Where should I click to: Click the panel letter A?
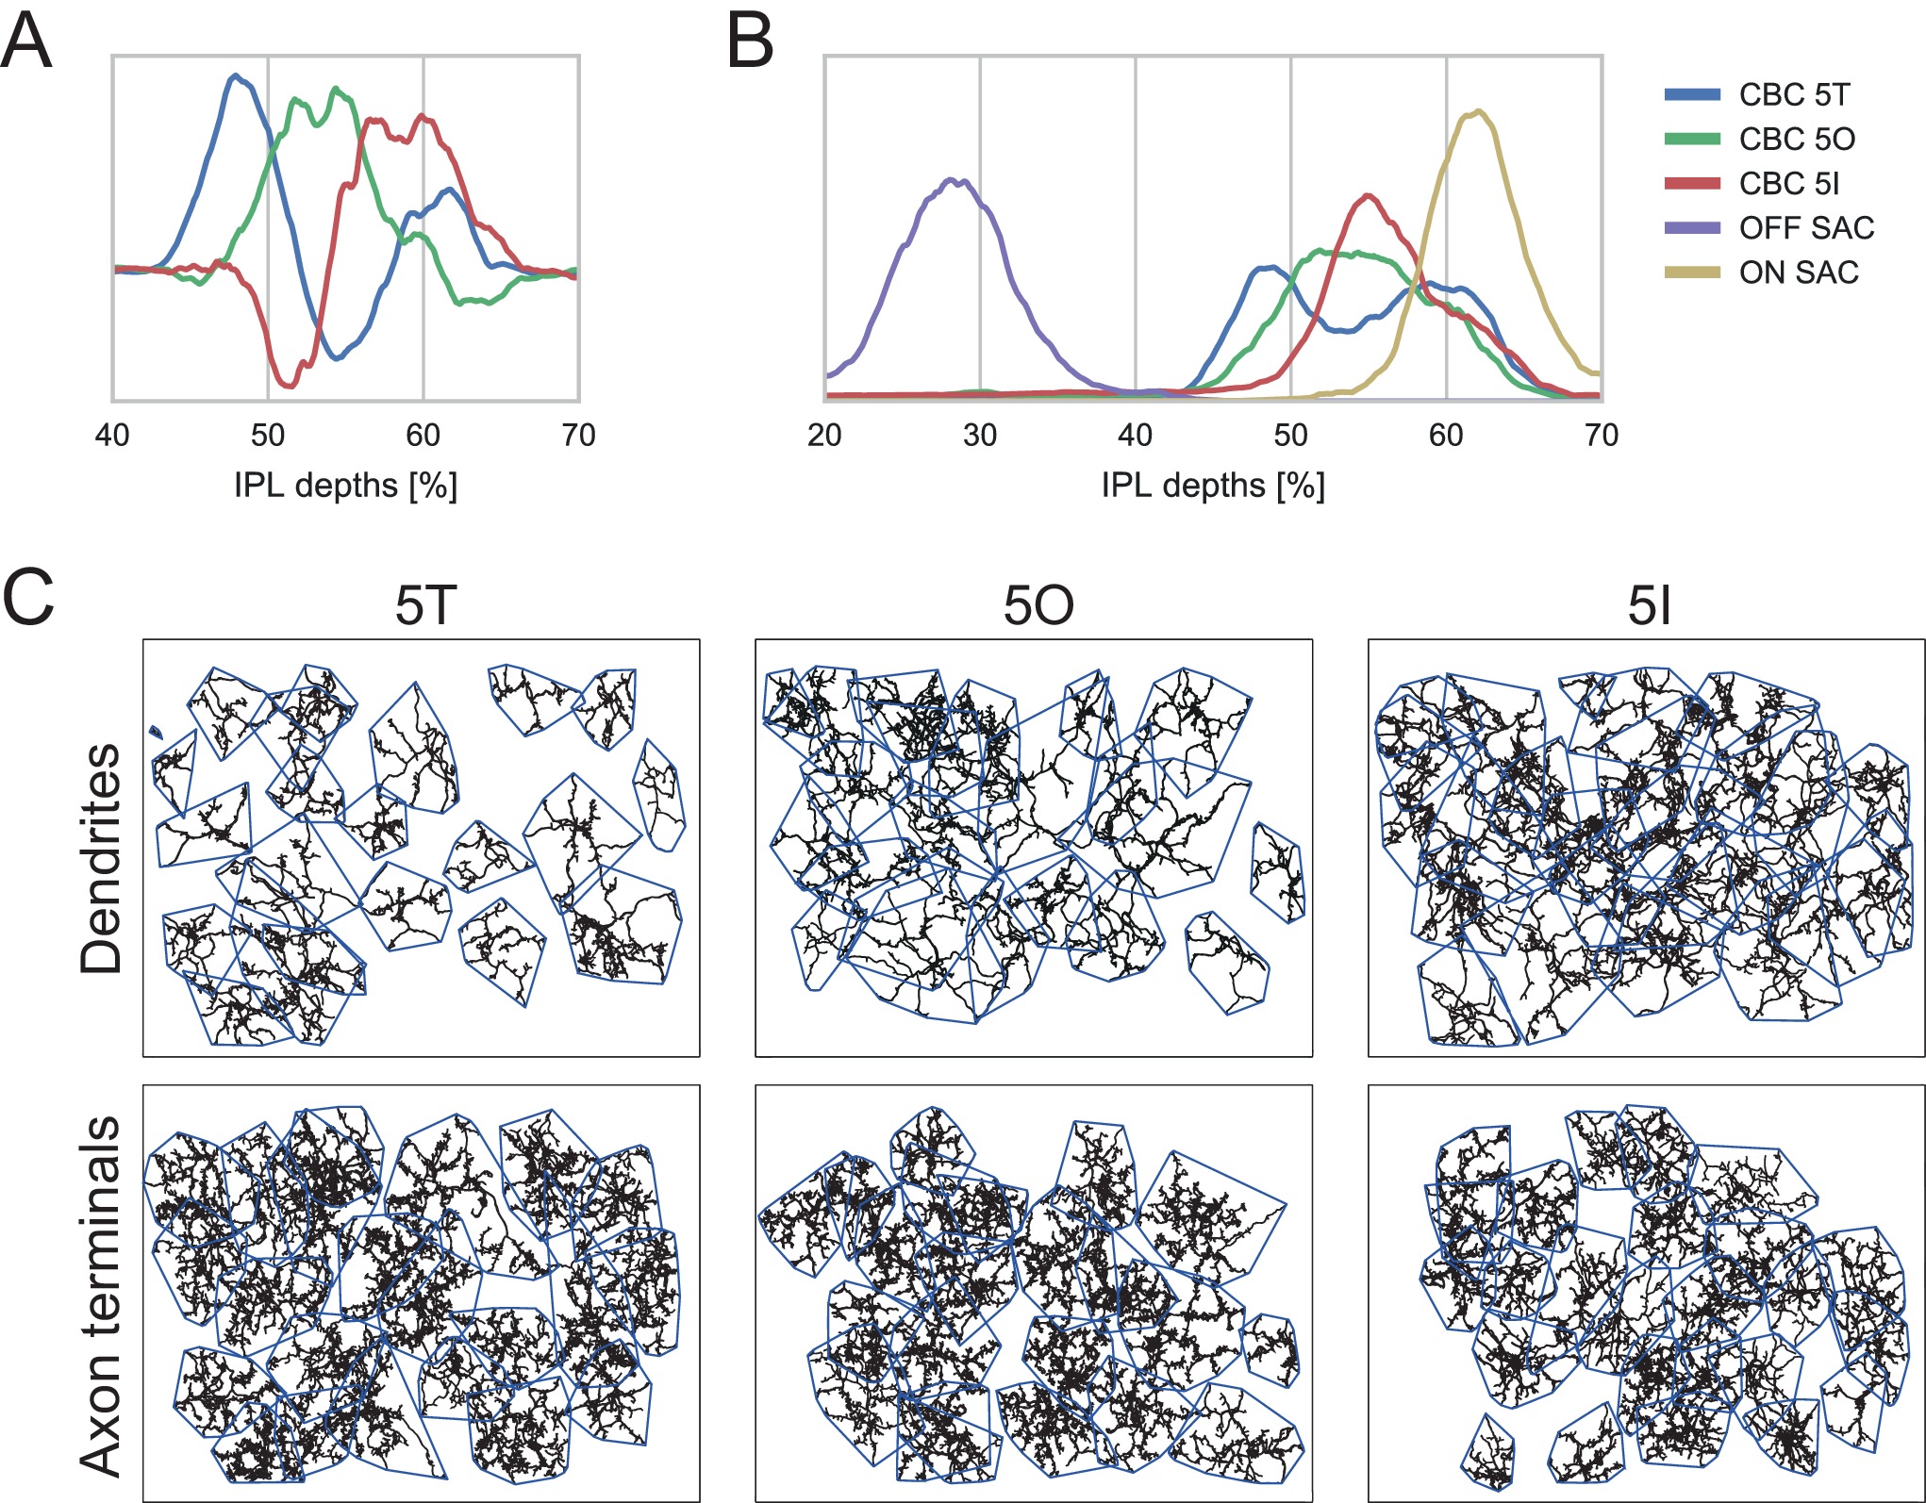coord(25,43)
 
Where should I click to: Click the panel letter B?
coord(751,43)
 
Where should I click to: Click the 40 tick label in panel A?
coord(112,436)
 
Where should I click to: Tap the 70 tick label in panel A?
coord(578,436)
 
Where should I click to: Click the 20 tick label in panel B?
coord(824,436)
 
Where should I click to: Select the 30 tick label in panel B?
coord(980,436)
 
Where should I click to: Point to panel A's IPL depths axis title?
coord(345,486)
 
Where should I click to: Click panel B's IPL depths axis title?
coord(1213,486)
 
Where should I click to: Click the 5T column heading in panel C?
coord(425,605)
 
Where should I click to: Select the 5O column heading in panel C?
coord(1038,605)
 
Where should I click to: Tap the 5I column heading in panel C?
coord(1649,605)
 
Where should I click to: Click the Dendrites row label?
coord(101,858)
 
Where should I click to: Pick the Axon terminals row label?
coord(101,1296)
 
